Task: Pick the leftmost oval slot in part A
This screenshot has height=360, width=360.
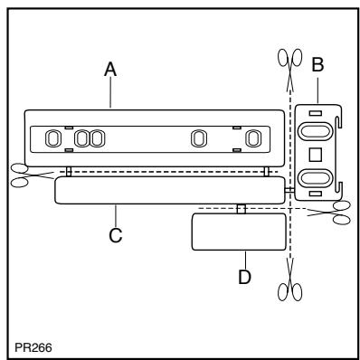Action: [52, 138]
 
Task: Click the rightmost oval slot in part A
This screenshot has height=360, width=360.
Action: [254, 138]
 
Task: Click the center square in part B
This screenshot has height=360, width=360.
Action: [316, 153]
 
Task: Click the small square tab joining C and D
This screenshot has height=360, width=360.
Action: [240, 209]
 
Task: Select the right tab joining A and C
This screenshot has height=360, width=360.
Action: [264, 171]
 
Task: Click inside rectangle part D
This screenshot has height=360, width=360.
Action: [239, 232]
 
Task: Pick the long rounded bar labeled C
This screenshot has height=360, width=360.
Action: [168, 190]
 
